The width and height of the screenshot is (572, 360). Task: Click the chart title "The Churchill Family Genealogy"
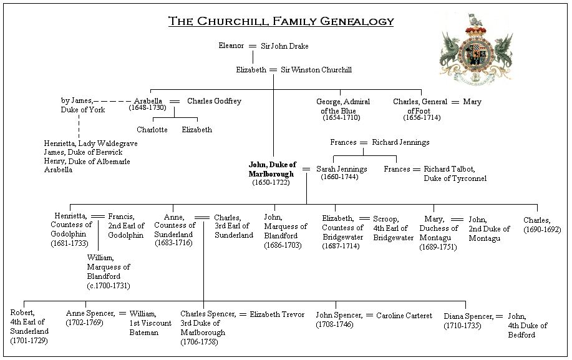[x=281, y=21]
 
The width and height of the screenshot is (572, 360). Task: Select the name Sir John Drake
[x=284, y=46]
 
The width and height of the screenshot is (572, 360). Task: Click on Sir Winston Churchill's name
[x=316, y=70]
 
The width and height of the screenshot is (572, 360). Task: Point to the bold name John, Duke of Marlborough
[x=273, y=169]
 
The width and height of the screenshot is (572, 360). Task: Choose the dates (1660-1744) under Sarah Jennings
[x=339, y=177]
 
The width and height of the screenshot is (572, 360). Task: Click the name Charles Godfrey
[x=214, y=101]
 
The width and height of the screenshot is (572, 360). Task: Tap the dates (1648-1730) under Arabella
[x=147, y=107]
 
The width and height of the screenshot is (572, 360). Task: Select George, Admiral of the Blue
[x=343, y=106]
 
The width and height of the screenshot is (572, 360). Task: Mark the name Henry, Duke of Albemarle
[x=87, y=161]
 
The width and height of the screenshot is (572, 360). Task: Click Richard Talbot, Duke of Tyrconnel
[x=455, y=173]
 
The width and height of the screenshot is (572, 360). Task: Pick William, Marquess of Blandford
[x=109, y=267]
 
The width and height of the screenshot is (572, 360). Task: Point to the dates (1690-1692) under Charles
[x=542, y=230]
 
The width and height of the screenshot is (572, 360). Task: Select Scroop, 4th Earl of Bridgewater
[x=393, y=228]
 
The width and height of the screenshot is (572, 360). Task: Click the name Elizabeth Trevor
[x=277, y=314]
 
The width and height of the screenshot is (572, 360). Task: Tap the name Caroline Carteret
[x=404, y=316]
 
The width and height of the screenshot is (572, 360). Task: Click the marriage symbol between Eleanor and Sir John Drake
[x=253, y=46]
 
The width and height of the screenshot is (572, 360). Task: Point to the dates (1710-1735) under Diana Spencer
[x=462, y=326]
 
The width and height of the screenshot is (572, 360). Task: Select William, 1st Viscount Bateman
[x=150, y=323]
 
